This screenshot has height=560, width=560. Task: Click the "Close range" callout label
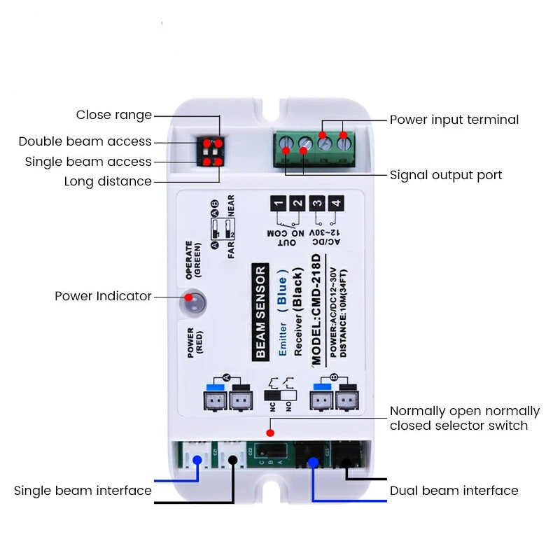(113, 115)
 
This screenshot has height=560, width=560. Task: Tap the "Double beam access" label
(85, 141)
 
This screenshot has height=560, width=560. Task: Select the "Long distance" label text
(108, 181)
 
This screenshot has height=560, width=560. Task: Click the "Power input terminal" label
(454, 120)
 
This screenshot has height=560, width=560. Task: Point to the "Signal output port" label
(446, 175)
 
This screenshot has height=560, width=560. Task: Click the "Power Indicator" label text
(103, 296)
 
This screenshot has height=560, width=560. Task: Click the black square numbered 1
(279, 204)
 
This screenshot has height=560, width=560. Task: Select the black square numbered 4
(337, 204)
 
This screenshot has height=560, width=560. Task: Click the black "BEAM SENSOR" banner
(260, 311)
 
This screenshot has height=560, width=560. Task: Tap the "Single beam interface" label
(83, 491)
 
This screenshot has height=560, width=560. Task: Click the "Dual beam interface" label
(454, 491)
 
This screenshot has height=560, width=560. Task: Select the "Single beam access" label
(88, 162)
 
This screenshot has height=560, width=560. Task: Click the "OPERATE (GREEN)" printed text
(192, 261)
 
